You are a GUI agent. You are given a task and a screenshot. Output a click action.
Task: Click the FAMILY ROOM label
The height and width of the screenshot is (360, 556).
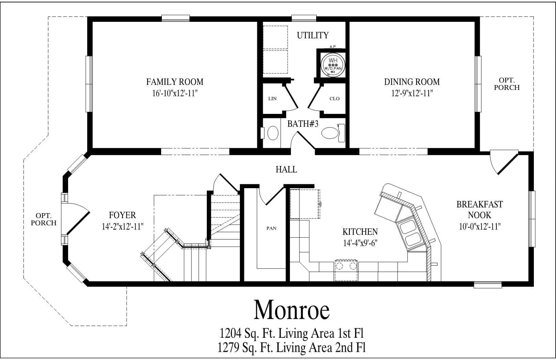click(175, 82)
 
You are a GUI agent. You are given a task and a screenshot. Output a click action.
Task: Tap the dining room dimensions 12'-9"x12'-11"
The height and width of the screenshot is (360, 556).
click(412, 93)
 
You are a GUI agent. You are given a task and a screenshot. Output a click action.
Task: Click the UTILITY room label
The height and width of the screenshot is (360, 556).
click(313, 35)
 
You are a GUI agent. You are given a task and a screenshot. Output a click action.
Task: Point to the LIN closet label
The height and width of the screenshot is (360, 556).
click(272, 99)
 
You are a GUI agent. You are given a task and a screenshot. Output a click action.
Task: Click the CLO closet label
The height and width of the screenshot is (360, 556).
click(335, 99)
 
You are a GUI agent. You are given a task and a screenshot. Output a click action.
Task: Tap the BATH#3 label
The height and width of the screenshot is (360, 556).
click(303, 124)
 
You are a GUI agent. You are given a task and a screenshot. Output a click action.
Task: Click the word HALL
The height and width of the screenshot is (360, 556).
click(286, 169)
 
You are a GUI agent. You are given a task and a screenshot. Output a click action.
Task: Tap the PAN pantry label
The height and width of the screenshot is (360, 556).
click(271, 228)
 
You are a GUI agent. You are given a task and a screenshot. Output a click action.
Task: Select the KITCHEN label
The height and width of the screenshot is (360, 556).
click(360, 232)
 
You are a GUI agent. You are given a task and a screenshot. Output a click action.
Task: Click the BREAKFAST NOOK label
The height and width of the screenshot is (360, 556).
click(480, 209)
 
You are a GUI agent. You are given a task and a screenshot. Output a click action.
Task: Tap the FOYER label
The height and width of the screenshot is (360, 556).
click(122, 215)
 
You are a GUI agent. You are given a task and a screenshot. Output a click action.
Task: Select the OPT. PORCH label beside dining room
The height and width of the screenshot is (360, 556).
click(507, 84)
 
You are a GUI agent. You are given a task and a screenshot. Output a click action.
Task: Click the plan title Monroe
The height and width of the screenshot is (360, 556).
click(292, 310)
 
